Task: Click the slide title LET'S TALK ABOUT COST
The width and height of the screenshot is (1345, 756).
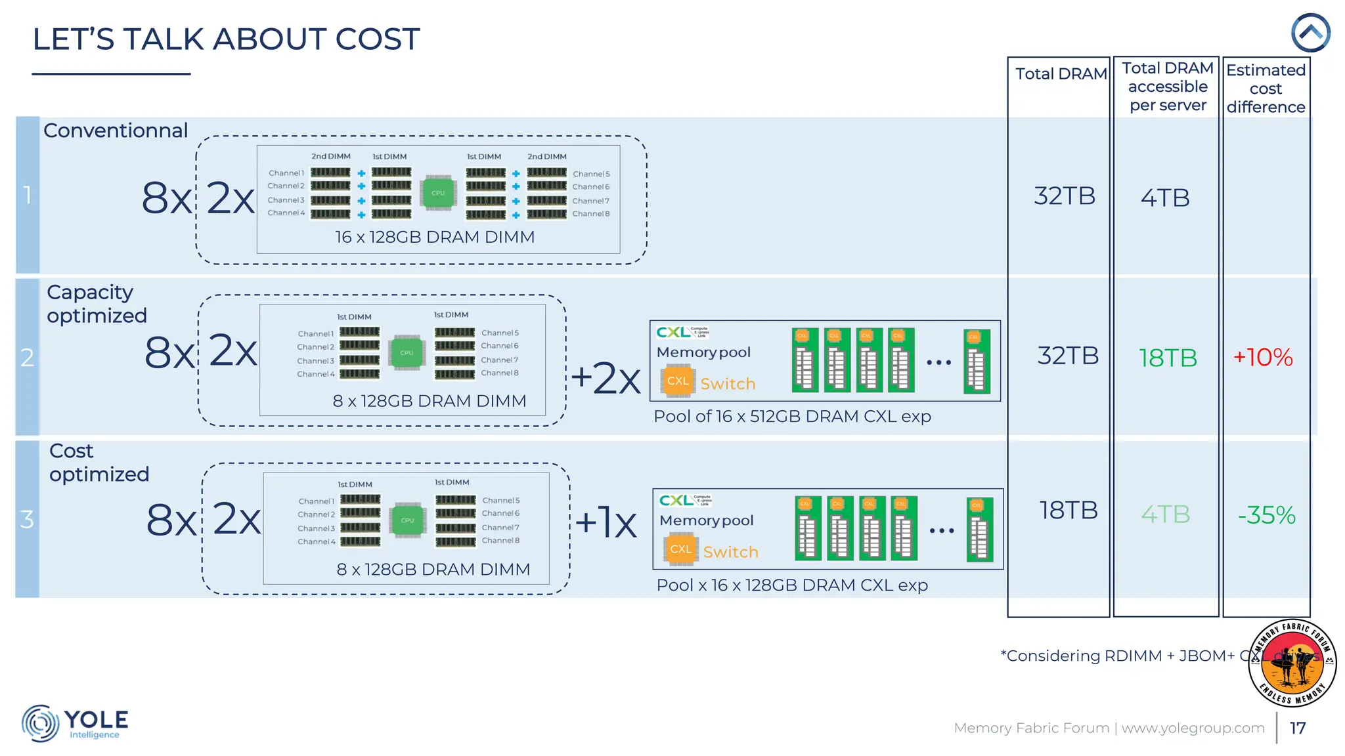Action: [x=226, y=39]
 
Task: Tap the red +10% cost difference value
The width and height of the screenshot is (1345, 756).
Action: [x=1262, y=358]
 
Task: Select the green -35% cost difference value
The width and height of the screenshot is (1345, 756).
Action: [x=1266, y=515]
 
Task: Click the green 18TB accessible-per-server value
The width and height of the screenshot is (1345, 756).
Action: [x=1168, y=358]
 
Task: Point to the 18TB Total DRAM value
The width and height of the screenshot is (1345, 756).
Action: [x=1068, y=511]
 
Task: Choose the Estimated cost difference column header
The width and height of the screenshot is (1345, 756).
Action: [x=1266, y=89]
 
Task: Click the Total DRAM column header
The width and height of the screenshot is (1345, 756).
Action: [x=1061, y=74]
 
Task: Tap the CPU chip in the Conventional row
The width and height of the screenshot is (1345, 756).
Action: [x=438, y=193]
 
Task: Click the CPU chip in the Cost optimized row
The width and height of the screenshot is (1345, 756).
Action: [x=407, y=520]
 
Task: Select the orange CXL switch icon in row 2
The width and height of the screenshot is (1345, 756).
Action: [x=678, y=381]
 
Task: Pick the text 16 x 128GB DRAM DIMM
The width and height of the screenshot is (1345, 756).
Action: [x=435, y=238]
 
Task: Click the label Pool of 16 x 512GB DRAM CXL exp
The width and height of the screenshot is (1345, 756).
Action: [x=792, y=417]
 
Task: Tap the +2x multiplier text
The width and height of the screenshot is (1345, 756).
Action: [x=606, y=379]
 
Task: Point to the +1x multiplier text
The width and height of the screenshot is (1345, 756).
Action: [x=606, y=523]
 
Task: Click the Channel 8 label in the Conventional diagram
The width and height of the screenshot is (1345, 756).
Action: [x=590, y=214]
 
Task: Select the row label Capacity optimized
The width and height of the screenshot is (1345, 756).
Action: [x=97, y=304]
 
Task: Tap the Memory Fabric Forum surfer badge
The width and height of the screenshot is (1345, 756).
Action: [x=1292, y=663]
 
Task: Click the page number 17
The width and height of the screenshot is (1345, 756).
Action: [x=1298, y=728]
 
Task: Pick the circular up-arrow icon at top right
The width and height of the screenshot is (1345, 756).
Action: [x=1310, y=33]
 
